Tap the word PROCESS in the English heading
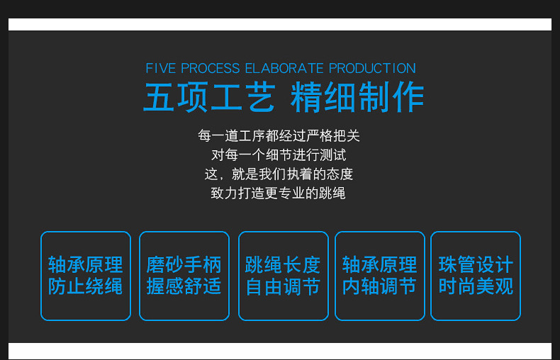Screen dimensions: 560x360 coord(210,68)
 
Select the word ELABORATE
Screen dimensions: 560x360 coord(284,68)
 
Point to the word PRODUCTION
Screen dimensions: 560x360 coord(372,68)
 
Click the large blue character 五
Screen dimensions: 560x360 coord(159,97)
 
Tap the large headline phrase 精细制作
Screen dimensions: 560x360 coord(357,97)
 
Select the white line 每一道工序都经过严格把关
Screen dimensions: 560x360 coord(279,136)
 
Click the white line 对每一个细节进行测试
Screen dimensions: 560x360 coord(279,155)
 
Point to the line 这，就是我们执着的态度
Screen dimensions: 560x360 coord(279,174)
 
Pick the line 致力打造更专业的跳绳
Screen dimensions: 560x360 coord(278,193)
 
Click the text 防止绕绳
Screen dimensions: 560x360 coord(85,286)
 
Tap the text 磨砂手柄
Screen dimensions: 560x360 coord(184,264)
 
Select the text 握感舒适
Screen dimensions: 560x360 coord(184,286)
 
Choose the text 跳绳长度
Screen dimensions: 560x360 coord(283,264)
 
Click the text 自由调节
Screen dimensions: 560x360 coord(283,286)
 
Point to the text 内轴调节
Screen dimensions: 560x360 coord(379,286)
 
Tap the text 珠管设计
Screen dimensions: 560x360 coord(476,264)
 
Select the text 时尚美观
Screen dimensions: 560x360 coord(476,286)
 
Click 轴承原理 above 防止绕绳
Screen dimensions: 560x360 coord(85,264)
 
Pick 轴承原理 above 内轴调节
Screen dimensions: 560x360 coord(379,264)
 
